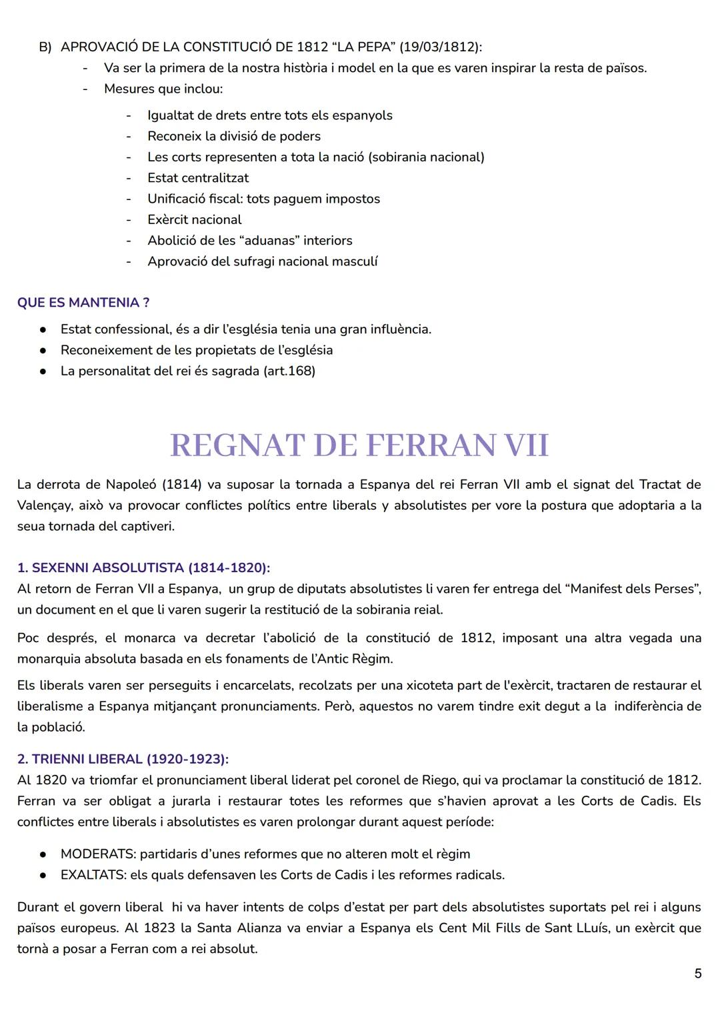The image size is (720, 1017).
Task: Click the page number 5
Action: pos(697,974)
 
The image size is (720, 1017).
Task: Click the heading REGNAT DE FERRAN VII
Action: pos(359,445)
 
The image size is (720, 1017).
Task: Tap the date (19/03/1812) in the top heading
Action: pos(439,47)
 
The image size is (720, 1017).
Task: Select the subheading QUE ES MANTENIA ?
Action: pos(83,303)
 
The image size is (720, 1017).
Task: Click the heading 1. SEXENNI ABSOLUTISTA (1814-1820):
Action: pos(143,568)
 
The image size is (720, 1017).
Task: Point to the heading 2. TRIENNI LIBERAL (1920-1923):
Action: pos(123,759)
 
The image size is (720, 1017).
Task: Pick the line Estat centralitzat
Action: pos(198,178)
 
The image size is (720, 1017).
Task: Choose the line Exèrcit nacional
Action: pos(195,219)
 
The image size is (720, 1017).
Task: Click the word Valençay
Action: pos(44,505)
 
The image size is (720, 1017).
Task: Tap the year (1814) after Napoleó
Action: pos(181,484)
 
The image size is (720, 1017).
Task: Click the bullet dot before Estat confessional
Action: pos(43,329)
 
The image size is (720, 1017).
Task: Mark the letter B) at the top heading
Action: pos(45,47)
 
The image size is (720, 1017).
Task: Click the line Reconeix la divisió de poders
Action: pos(234,136)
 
